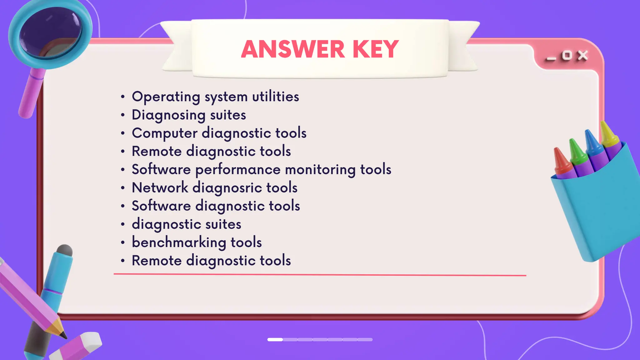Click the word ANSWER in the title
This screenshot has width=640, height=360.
coord(293,49)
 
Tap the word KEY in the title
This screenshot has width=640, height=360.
coord(375,49)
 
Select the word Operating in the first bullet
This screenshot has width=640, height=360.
coord(166,97)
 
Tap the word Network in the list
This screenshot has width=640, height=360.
coord(160,188)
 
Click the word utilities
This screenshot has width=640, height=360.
coord(275,97)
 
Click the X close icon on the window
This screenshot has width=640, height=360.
coord(582,56)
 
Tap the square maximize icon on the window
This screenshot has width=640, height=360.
coord(567,56)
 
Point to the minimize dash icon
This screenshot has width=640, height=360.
coord(551,59)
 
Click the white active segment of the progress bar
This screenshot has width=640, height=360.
coord(275,339)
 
